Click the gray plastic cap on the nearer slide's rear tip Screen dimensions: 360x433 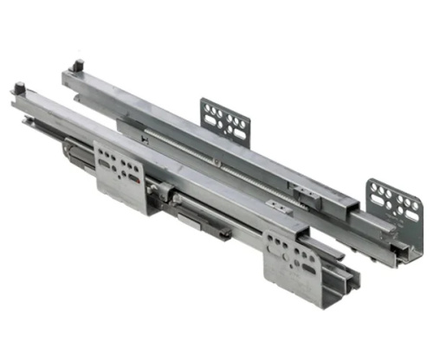[19, 88]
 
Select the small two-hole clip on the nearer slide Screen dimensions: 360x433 [277, 206]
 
